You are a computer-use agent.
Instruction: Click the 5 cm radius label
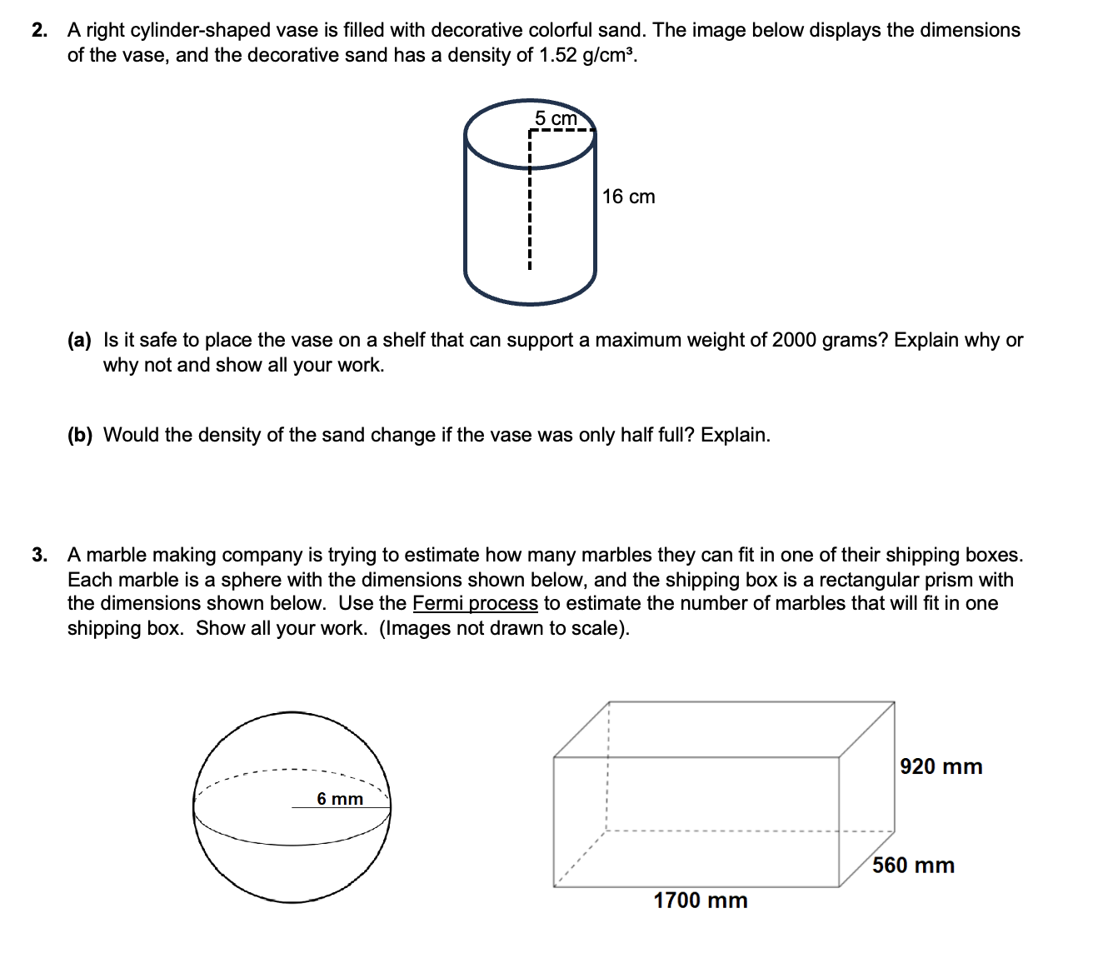556,117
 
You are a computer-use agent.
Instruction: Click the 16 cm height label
628,197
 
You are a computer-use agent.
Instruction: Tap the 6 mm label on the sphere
340,799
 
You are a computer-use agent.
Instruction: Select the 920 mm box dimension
941,766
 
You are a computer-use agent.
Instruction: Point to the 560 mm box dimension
913,866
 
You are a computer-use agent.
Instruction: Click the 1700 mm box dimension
700,901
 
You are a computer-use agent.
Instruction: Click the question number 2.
38,31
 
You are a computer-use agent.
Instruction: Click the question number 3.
38,556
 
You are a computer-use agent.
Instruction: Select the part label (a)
80,340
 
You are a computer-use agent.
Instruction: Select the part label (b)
80,435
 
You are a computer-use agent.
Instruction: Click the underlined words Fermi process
475,603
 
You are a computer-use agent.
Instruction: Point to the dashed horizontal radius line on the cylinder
561,131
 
